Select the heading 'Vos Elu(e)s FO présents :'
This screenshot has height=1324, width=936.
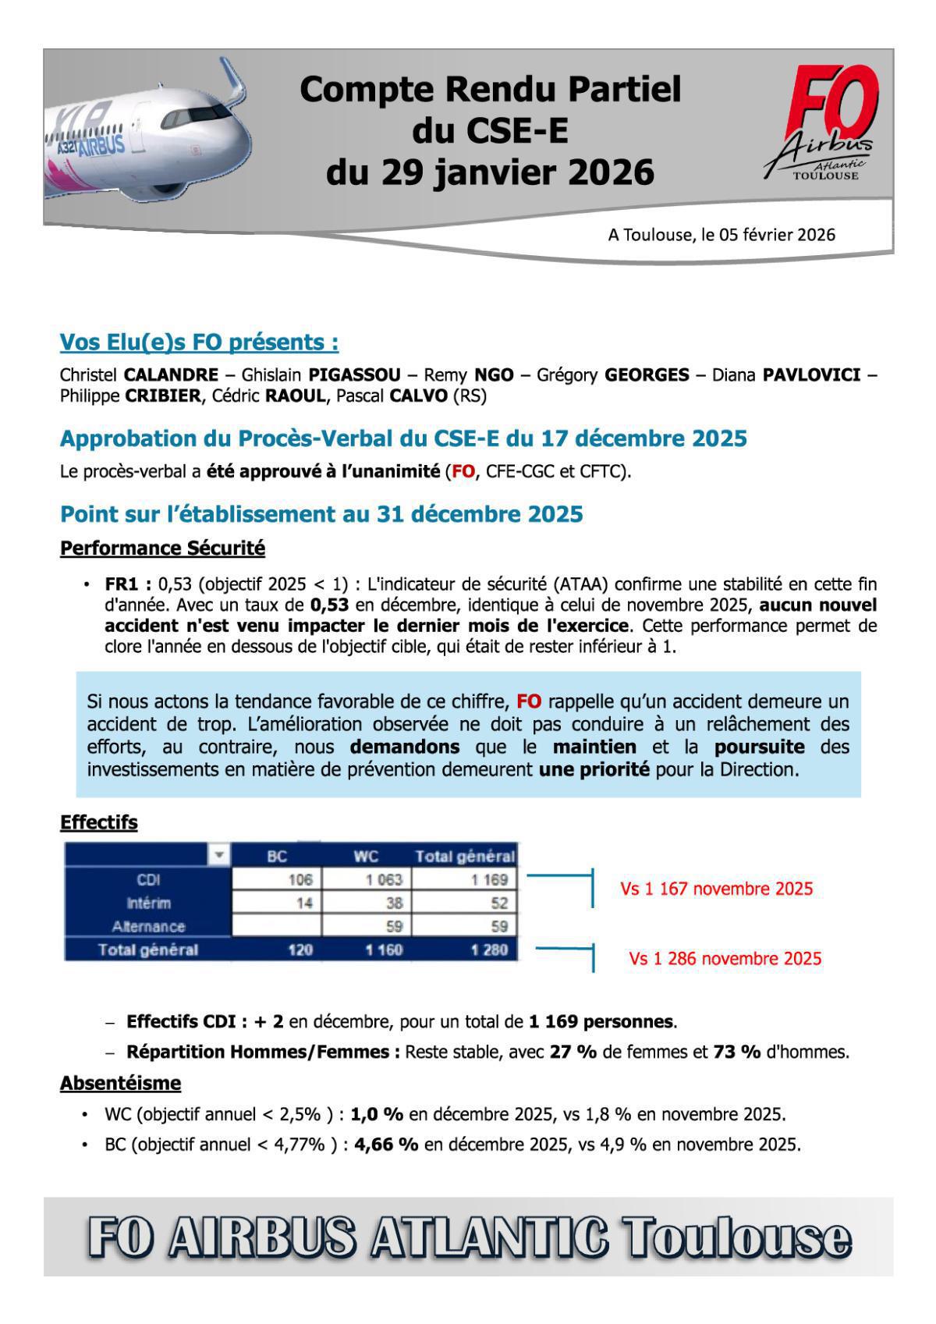(199, 343)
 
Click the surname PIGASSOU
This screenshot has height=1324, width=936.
(354, 375)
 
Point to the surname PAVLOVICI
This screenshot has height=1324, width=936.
(811, 375)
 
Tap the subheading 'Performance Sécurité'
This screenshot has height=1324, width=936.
(162, 548)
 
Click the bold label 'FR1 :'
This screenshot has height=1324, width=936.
(128, 584)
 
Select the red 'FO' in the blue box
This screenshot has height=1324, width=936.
(528, 701)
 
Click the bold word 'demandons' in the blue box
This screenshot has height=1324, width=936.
(404, 747)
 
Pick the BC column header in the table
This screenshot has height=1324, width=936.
(277, 856)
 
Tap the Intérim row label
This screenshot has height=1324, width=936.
(148, 903)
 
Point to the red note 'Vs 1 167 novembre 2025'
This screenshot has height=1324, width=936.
(716, 889)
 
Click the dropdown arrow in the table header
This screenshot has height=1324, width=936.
(219, 855)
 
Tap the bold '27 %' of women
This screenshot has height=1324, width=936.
(573, 1052)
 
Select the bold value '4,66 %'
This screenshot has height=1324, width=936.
(386, 1145)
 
